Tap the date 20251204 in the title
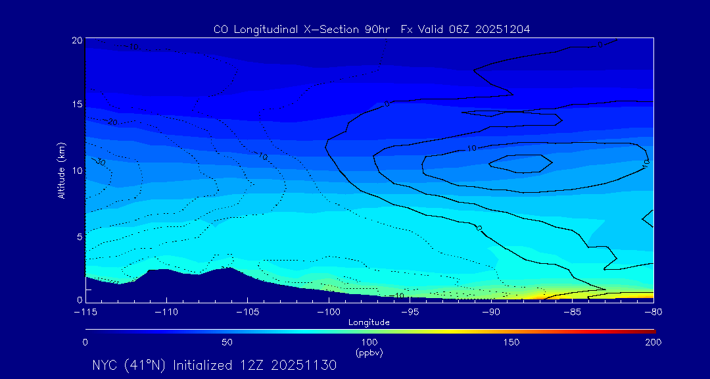(x=503, y=30)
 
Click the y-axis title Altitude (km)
(x=61, y=170)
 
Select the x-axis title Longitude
(x=369, y=322)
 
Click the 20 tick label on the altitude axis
(x=77, y=40)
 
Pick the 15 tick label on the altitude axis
(x=77, y=105)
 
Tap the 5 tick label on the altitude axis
(x=80, y=236)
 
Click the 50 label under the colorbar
(x=227, y=342)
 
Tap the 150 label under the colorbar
(x=511, y=342)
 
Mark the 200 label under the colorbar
(x=653, y=342)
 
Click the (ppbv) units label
(x=369, y=353)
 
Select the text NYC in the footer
(x=105, y=365)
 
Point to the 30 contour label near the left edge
(x=101, y=162)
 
